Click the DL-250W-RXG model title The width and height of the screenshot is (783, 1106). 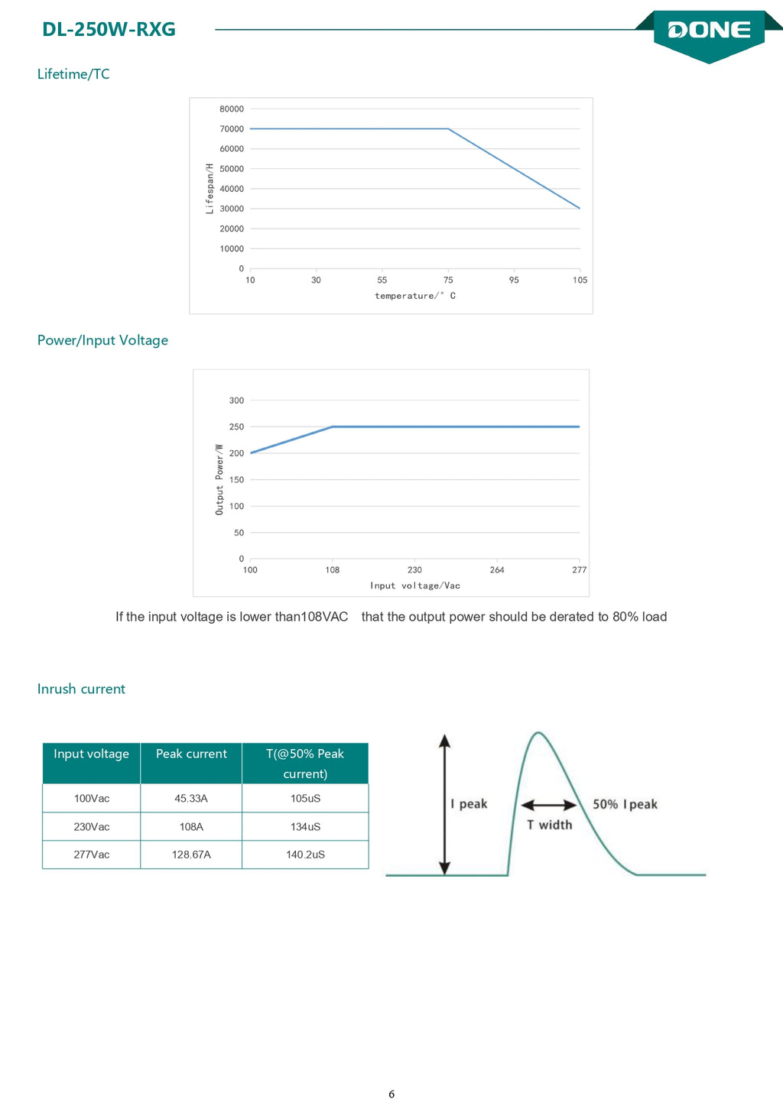[x=109, y=30]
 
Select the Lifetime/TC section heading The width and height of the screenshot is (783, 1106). [x=73, y=74]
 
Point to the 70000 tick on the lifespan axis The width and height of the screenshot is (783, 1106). [x=232, y=129]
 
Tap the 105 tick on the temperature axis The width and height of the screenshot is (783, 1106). [x=580, y=280]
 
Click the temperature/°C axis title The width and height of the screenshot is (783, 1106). [x=415, y=296]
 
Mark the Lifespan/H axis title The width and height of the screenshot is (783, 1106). [x=210, y=189]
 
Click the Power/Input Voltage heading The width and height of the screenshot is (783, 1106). [x=102, y=340]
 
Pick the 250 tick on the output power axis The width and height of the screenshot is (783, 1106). [x=236, y=427]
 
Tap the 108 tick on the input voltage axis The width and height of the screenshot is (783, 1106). [x=333, y=569]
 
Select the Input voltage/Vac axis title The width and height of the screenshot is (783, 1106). [x=415, y=585]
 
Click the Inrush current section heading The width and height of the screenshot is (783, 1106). [x=82, y=689]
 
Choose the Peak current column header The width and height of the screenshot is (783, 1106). [x=191, y=754]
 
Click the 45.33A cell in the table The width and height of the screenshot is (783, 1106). [x=191, y=799]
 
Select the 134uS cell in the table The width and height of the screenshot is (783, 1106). [x=305, y=826]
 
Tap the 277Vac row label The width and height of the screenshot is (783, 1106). [x=92, y=855]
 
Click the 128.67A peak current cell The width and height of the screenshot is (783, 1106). [x=191, y=855]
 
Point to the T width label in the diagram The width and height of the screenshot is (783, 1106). [x=549, y=825]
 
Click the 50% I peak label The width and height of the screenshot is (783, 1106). [x=625, y=804]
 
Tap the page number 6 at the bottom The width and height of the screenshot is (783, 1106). [x=391, y=1094]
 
